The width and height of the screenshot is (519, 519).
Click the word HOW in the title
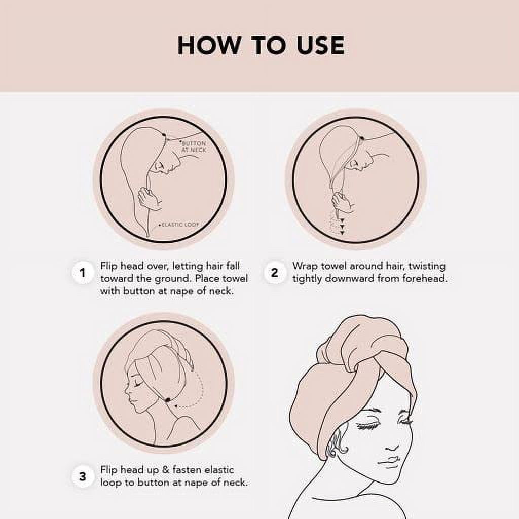coord(208,45)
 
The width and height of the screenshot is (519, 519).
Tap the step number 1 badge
coord(83,273)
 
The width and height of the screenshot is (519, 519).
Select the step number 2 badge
coord(274,273)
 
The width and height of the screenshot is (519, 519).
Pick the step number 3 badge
coord(83,476)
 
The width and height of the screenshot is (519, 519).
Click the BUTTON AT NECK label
coord(194,146)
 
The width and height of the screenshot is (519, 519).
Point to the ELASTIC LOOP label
coord(179,225)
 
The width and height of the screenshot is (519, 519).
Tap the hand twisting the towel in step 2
coord(342,203)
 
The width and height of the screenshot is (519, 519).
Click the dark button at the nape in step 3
coord(168,400)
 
